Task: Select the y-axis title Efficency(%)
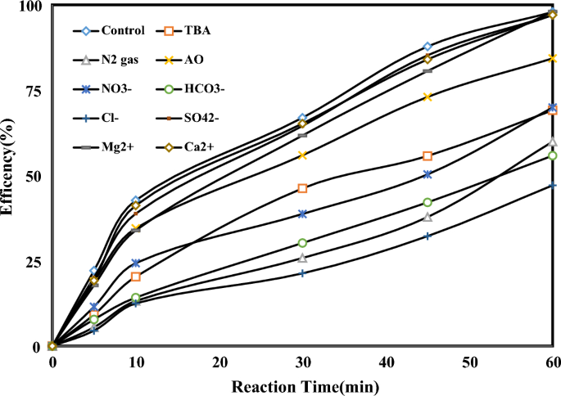pyautogui.click(x=10, y=176)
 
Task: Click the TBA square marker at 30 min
pyautogui.click(x=303, y=188)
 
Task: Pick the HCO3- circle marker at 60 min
pyautogui.click(x=553, y=155)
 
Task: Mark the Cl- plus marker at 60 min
pyautogui.click(x=553, y=185)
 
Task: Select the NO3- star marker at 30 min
pyautogui.click(x=303, y=214)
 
